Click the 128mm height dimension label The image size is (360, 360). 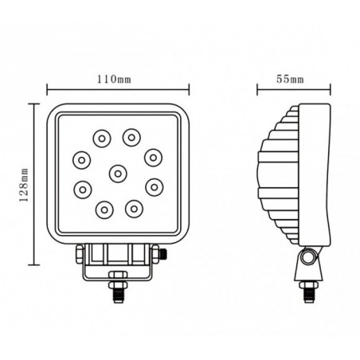tap(25, 183)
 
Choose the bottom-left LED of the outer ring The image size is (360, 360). tap(103, 209)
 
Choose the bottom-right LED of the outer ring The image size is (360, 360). tap(133, 209)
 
